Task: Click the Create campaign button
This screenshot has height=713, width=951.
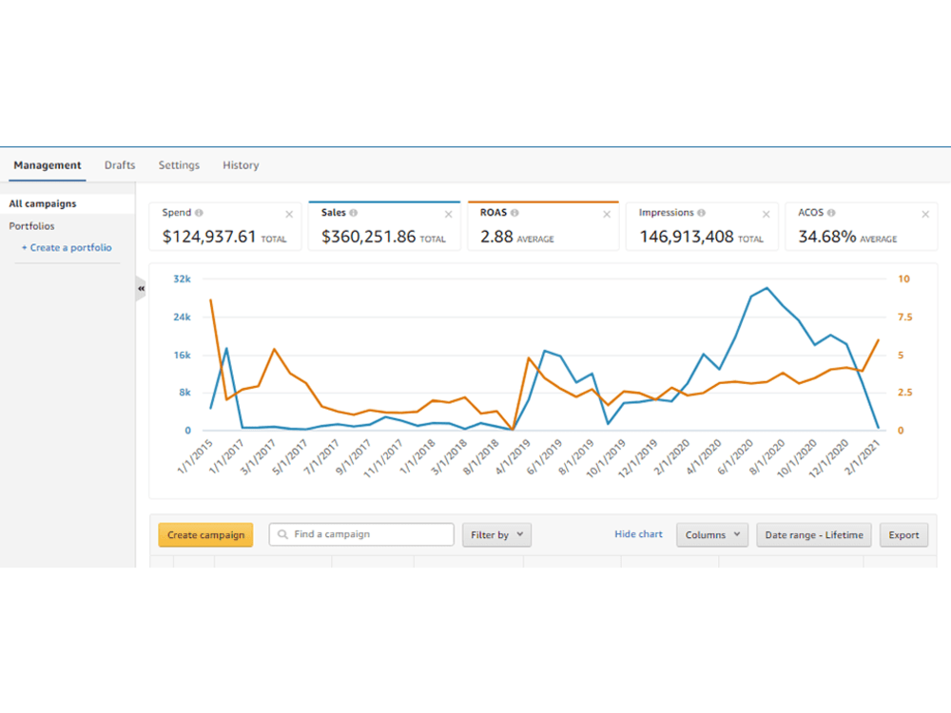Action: click(205, 534)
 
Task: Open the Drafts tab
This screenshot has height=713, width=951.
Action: click(120, 164)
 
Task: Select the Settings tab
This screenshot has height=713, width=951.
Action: click(179, 164)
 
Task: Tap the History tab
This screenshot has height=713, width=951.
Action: click(241, 164)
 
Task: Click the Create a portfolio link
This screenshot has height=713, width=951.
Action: click(67, 247)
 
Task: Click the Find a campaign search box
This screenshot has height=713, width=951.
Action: click(361, 534)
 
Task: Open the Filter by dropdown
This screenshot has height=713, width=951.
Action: click(496, 534)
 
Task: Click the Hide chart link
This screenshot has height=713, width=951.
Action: click(639, 534)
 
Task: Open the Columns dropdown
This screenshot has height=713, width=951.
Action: click(712, 534)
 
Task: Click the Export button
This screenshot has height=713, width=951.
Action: click(903, 534)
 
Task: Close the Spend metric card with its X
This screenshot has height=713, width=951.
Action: click(289, 214)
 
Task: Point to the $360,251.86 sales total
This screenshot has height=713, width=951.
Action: click(369, 237)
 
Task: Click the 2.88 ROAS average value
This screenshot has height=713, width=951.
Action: click(496, 237)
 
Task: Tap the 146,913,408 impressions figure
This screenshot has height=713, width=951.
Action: click(687, 237)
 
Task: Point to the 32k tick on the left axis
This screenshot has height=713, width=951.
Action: click(182, 279)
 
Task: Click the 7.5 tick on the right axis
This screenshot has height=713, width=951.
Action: click(905, 318)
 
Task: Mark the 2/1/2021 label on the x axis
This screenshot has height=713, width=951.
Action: click(862, 458)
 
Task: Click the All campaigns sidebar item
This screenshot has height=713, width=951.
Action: click(43, 203)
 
